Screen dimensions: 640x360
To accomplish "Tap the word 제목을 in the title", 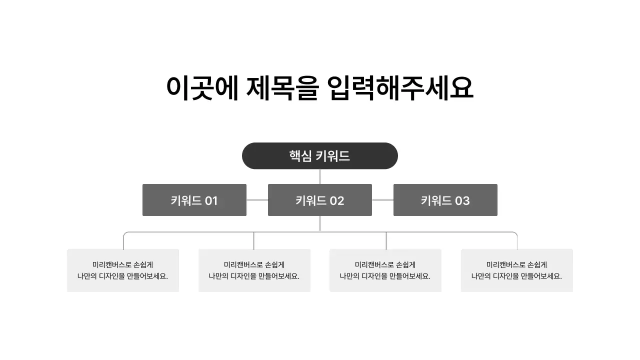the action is point(282,88).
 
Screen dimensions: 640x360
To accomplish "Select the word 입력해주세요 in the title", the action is point(400,88).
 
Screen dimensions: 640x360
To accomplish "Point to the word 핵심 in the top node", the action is point(300,156).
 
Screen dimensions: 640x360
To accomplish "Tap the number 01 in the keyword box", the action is point(211,200).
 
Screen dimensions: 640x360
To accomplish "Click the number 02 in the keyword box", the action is point(336,200).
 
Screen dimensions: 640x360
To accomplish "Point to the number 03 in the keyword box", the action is point(462,200).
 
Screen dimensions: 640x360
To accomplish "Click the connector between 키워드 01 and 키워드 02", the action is point(257,200).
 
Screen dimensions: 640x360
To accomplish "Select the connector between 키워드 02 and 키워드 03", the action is point(382,200).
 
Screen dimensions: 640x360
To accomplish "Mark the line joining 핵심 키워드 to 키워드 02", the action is point(320,176).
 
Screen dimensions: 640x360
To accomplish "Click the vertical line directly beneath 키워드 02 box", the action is point(320,223).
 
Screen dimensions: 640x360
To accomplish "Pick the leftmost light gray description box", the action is point(123,270).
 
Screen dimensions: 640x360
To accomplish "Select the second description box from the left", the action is point(254,270).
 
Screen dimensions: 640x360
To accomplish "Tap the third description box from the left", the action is point(385,270).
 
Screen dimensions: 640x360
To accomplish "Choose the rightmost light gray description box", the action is point(516,270).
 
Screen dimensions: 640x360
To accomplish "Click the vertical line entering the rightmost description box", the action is point(517,242).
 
